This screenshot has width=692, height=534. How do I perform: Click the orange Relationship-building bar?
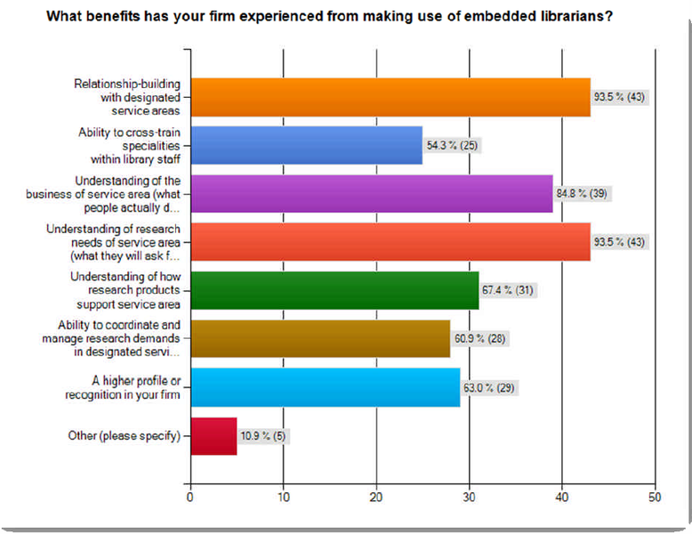tap(390, 98)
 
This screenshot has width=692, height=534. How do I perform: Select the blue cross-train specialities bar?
tap(306, 146)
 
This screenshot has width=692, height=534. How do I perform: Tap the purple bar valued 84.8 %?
tap(371, 194)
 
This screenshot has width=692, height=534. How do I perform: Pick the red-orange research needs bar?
tap(390, 242)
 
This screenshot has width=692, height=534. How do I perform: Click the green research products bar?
tap(334, 290)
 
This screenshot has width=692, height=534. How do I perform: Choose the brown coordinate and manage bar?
tap(320, 338)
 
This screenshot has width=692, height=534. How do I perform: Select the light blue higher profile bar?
tap(325, 387)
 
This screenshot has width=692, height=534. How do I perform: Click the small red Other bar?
tap(213, 436)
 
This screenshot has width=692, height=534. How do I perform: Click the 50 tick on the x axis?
tap(655, 497)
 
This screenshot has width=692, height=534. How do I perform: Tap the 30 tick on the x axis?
tap(469, 497)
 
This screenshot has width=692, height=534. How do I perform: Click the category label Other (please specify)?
tap(124, 436)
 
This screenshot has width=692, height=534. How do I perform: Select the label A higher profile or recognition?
tap(132, 387)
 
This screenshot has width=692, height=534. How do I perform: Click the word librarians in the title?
tap(564, 15)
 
